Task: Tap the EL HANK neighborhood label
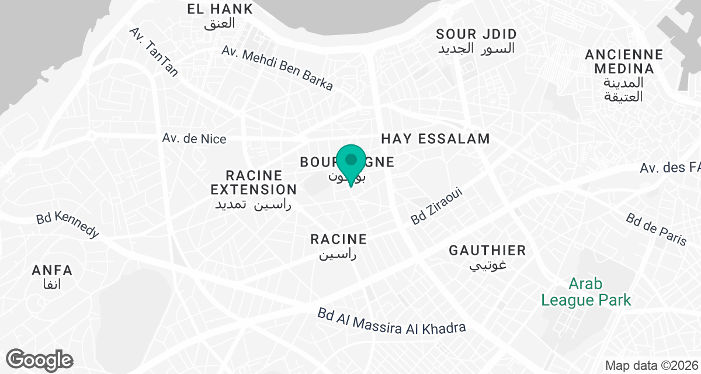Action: click(220, 9)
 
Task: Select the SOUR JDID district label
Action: click(476, 34)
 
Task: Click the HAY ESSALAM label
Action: click(435, 138)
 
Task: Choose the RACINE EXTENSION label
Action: click(254, 182)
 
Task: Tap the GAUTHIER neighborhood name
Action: click(487, 251)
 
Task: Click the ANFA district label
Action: click(53, 271)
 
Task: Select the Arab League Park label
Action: click(586, 292)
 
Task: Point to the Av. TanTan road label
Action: click(154, 51)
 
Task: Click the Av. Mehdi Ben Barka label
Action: click(277, 68)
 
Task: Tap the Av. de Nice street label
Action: click(194, 139)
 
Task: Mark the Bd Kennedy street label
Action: click(68, 224)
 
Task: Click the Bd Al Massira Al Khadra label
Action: click(391, 321)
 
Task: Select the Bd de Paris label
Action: click(656, 229)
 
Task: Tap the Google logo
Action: click(40, 359)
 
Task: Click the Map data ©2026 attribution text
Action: click(651, 366)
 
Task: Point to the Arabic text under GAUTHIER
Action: click(488, 265)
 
